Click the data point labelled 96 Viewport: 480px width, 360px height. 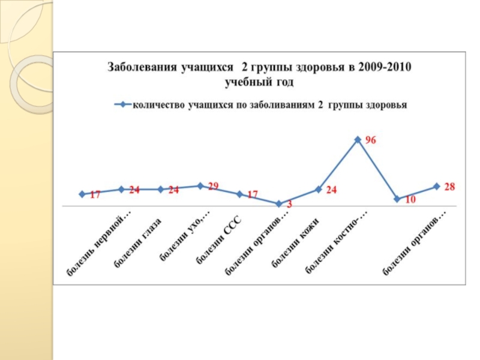[358, 140]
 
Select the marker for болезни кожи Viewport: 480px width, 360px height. [319, 190]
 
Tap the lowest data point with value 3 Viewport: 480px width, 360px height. [279, 204]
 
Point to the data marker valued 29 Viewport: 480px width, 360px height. [200, 186]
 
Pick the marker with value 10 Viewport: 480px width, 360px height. [397, 199]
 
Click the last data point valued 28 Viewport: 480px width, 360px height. [437, 187]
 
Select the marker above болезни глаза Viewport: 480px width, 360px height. [161, 190]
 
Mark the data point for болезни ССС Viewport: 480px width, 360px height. [239, 194]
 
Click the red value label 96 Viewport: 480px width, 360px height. [371, 140]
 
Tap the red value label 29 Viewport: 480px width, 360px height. [213, 186]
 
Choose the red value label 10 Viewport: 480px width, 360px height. [410, 200]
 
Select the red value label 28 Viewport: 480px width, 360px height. [450, 187]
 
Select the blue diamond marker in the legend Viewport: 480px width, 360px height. [122, 104]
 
